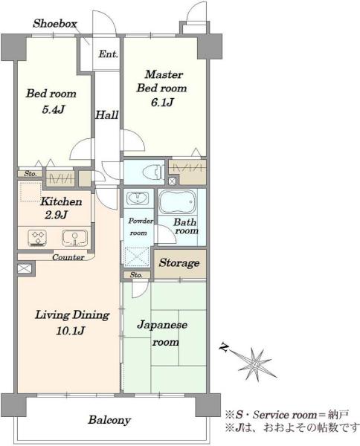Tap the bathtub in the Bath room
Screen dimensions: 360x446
click(178, 202)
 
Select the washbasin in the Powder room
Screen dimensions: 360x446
click(138, 198)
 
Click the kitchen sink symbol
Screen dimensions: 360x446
click(74, 238)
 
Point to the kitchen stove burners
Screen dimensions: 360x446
click(38, 238)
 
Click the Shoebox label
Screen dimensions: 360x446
click(55, 24)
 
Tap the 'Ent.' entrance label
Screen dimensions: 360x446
click(108, 54)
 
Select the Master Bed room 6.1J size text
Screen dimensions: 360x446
click(162, 102)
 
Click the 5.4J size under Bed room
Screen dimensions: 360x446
click(54, 109)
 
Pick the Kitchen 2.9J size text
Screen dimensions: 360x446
click(56, 215)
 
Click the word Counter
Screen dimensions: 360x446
click(68, 257)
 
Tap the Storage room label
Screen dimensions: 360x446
click(179, 263)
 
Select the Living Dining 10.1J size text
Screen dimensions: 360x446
click(70, 331)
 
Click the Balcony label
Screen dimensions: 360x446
click(109, 420)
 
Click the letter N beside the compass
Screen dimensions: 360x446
click(225, 348)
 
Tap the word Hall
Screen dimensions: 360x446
click(106, 115)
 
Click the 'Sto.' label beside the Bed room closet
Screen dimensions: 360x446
click(30, 173)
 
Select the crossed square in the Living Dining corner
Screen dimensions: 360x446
click(24, 269)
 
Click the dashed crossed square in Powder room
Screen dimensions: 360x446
click(137, 257)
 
